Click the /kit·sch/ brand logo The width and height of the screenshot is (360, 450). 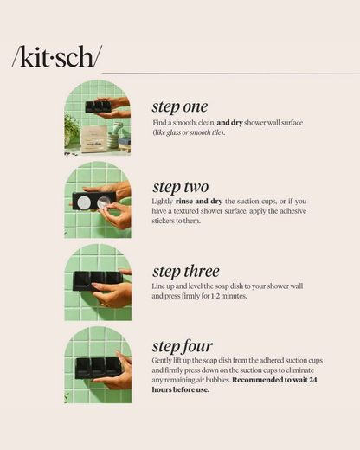click(x=57, y=57)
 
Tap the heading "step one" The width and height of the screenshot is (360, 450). click(x=180, y=107)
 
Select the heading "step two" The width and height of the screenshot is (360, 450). click(x=180, y=187)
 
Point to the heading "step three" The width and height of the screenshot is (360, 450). click(x=186, y=272)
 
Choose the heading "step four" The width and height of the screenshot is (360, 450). click(x=183, y=346)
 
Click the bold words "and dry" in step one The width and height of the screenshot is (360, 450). click(x=229, y=123)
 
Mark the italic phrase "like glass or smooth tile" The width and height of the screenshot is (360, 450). click(x=189, y=132)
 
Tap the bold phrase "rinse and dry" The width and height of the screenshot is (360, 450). click(x=199, y=202)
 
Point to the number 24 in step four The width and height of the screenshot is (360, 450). click(x=313, y=380)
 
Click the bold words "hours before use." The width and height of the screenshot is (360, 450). click(x=181, y=389)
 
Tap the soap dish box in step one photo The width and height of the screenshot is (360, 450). click(x=93, y=139)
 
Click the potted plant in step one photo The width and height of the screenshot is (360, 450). click(x=71, y=128)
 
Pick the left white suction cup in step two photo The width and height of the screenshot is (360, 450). click(x=84, y=202)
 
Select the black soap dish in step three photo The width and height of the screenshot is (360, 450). click(x=98, y=280)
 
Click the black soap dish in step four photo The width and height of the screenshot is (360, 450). click(x=99, y=368)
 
